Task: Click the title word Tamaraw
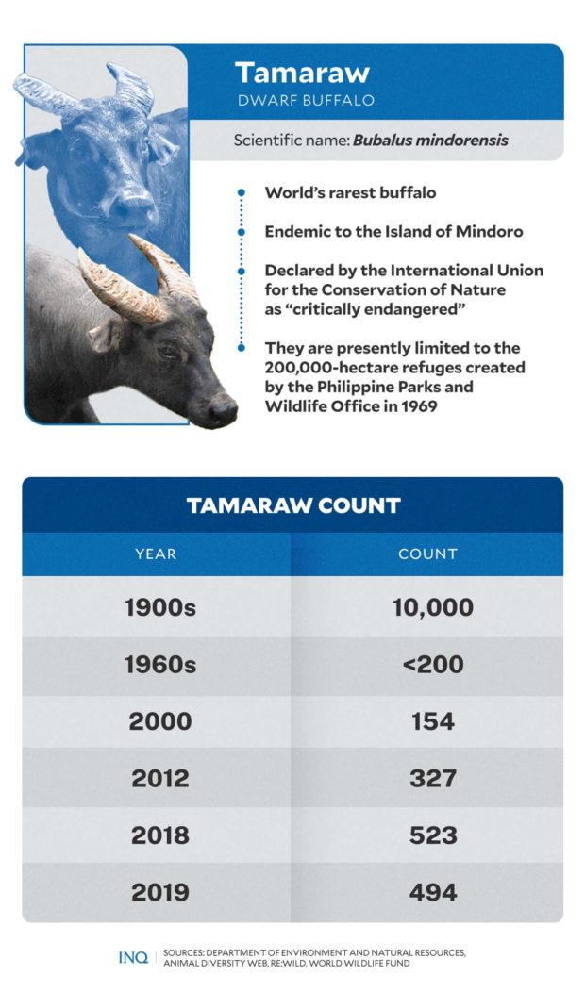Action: (302, 73)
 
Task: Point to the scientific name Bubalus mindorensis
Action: (430, 141)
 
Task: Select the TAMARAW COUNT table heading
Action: (293, 505)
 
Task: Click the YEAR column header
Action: (156, 554)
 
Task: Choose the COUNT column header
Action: (427, 554)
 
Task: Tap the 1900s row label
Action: (159, 608)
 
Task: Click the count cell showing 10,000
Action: (432, 608)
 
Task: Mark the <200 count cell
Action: (432, 665)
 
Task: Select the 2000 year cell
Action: (159, 721)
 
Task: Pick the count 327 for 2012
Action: (432, 779)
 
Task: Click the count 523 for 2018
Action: (432, 835)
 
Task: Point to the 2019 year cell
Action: (159, 892)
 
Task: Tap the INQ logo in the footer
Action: (132, 957)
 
